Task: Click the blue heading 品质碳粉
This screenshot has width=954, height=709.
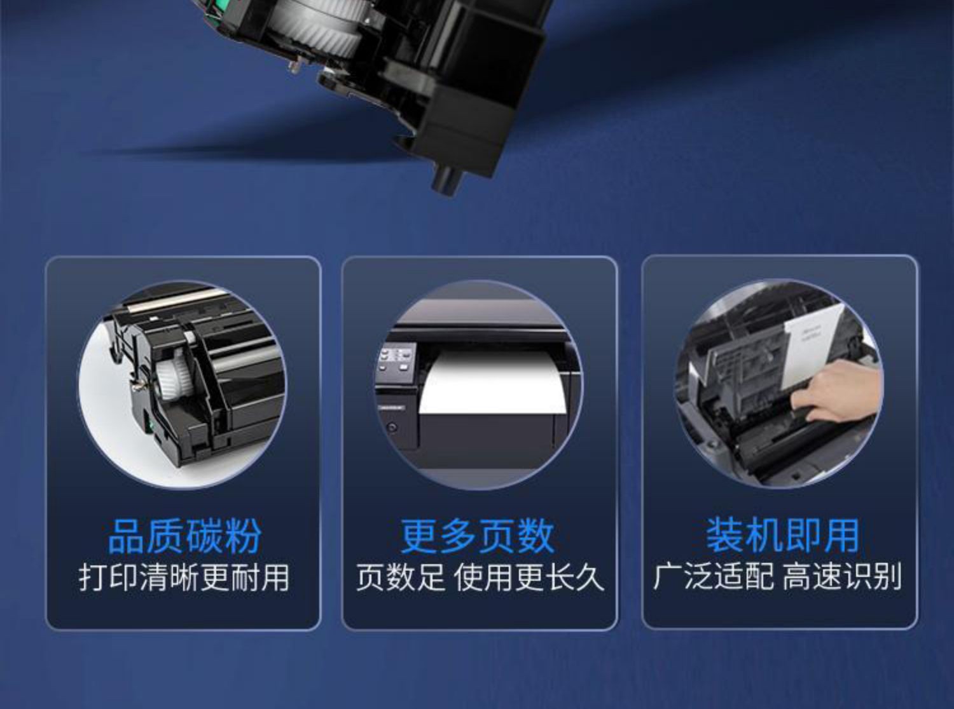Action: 184,536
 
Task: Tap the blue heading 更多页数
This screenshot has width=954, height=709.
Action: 478,536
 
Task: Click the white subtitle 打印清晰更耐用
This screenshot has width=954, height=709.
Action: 184,578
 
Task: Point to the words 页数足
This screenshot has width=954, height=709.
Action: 400,578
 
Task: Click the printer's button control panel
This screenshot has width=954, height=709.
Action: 396,360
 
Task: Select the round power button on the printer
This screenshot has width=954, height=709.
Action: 392,428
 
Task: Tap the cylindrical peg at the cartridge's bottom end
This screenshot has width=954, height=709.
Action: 447,180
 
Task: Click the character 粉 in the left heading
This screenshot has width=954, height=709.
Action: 243,536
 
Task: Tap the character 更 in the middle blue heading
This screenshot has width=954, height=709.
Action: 419,536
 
